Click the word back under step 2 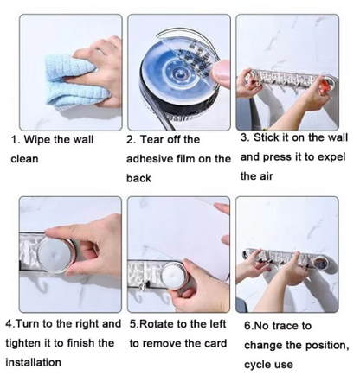click(x=138, y=178)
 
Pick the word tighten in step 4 click(x=27, y=343)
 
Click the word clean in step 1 click(x=24, y=159)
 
